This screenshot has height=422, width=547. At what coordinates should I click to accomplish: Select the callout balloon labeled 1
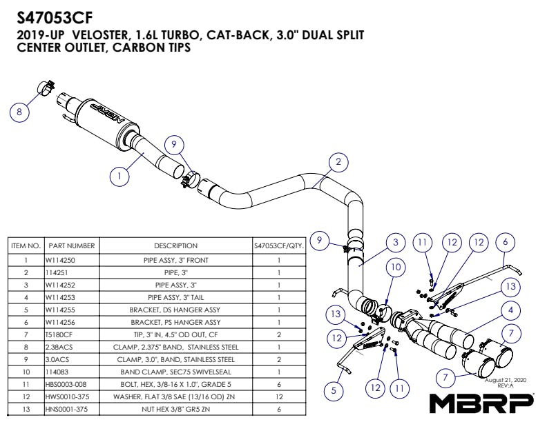(x=120, y=176)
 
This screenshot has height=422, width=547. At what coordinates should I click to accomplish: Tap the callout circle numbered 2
(x=338, y=162)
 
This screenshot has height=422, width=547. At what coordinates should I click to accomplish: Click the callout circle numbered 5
(x=334, y=390)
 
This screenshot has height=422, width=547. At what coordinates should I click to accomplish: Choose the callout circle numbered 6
(x=505, y=242)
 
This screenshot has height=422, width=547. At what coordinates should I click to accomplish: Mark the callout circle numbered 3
(x=394, y=242)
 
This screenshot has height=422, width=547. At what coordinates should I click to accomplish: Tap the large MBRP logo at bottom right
(x=482, y=402)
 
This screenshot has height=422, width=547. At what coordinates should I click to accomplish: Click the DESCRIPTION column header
(x=175, y=245)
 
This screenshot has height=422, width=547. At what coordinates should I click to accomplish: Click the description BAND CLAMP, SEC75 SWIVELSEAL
(x=175, y=372)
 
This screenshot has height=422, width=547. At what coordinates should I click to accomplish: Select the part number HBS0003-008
(x=65, y=384)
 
